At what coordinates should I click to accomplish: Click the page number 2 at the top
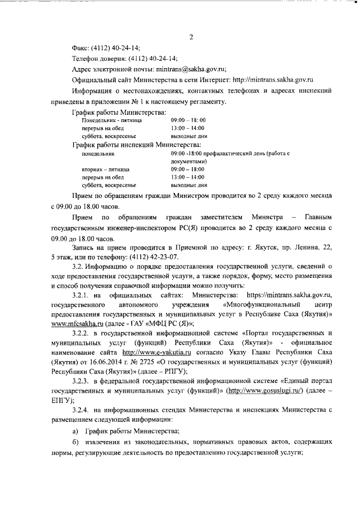point(191,38)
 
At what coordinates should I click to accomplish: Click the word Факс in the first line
point(82,48)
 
